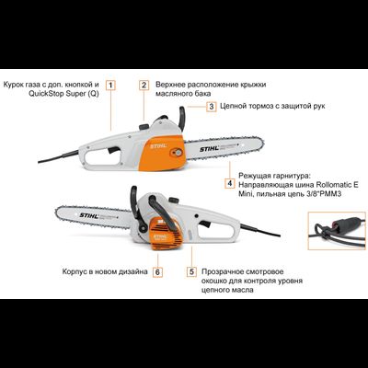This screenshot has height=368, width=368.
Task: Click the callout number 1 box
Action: click(x=110, y=84)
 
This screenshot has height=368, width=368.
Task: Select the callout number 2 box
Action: click(x=144, y=84)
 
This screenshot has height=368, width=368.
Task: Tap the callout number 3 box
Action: click(x=212, y=106)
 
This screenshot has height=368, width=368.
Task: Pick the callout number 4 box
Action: click(x=228, y=183)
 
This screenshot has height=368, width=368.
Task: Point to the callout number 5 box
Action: click(x=191, y=272)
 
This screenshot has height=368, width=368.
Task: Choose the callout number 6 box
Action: click(x=157, y=272)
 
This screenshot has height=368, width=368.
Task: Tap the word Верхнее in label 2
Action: click(x=174, y=84)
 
